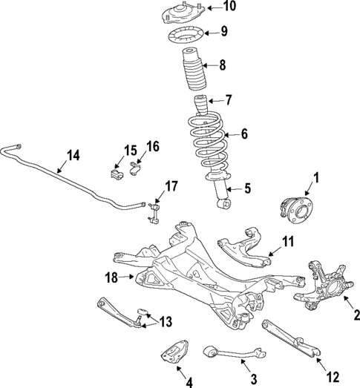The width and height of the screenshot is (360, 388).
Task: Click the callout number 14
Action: click(72, 156)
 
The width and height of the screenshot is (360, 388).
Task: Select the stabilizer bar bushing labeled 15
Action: click(115, 174)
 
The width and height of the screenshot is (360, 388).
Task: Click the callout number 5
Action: click(248, 189)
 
